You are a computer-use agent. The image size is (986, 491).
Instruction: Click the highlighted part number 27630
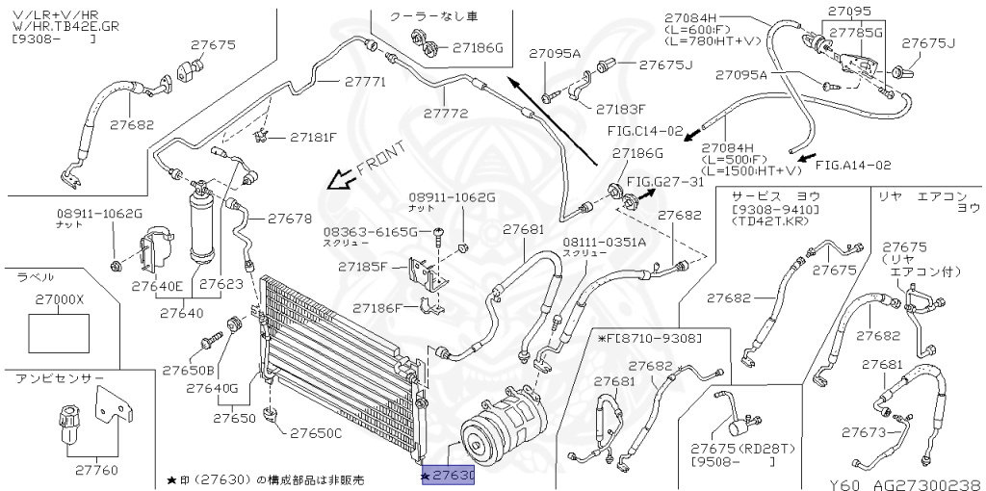point(449,477)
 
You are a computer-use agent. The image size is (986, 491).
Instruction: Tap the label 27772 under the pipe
point(446,114)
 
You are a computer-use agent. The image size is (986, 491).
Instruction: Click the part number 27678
point(290,219)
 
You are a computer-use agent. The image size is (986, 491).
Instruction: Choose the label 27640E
point(157,285)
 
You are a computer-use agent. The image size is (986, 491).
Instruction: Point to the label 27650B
point(189,370)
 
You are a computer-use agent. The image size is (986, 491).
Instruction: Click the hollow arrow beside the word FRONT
point(336,179)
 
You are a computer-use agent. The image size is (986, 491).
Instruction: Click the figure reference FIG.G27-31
point(665,182)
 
